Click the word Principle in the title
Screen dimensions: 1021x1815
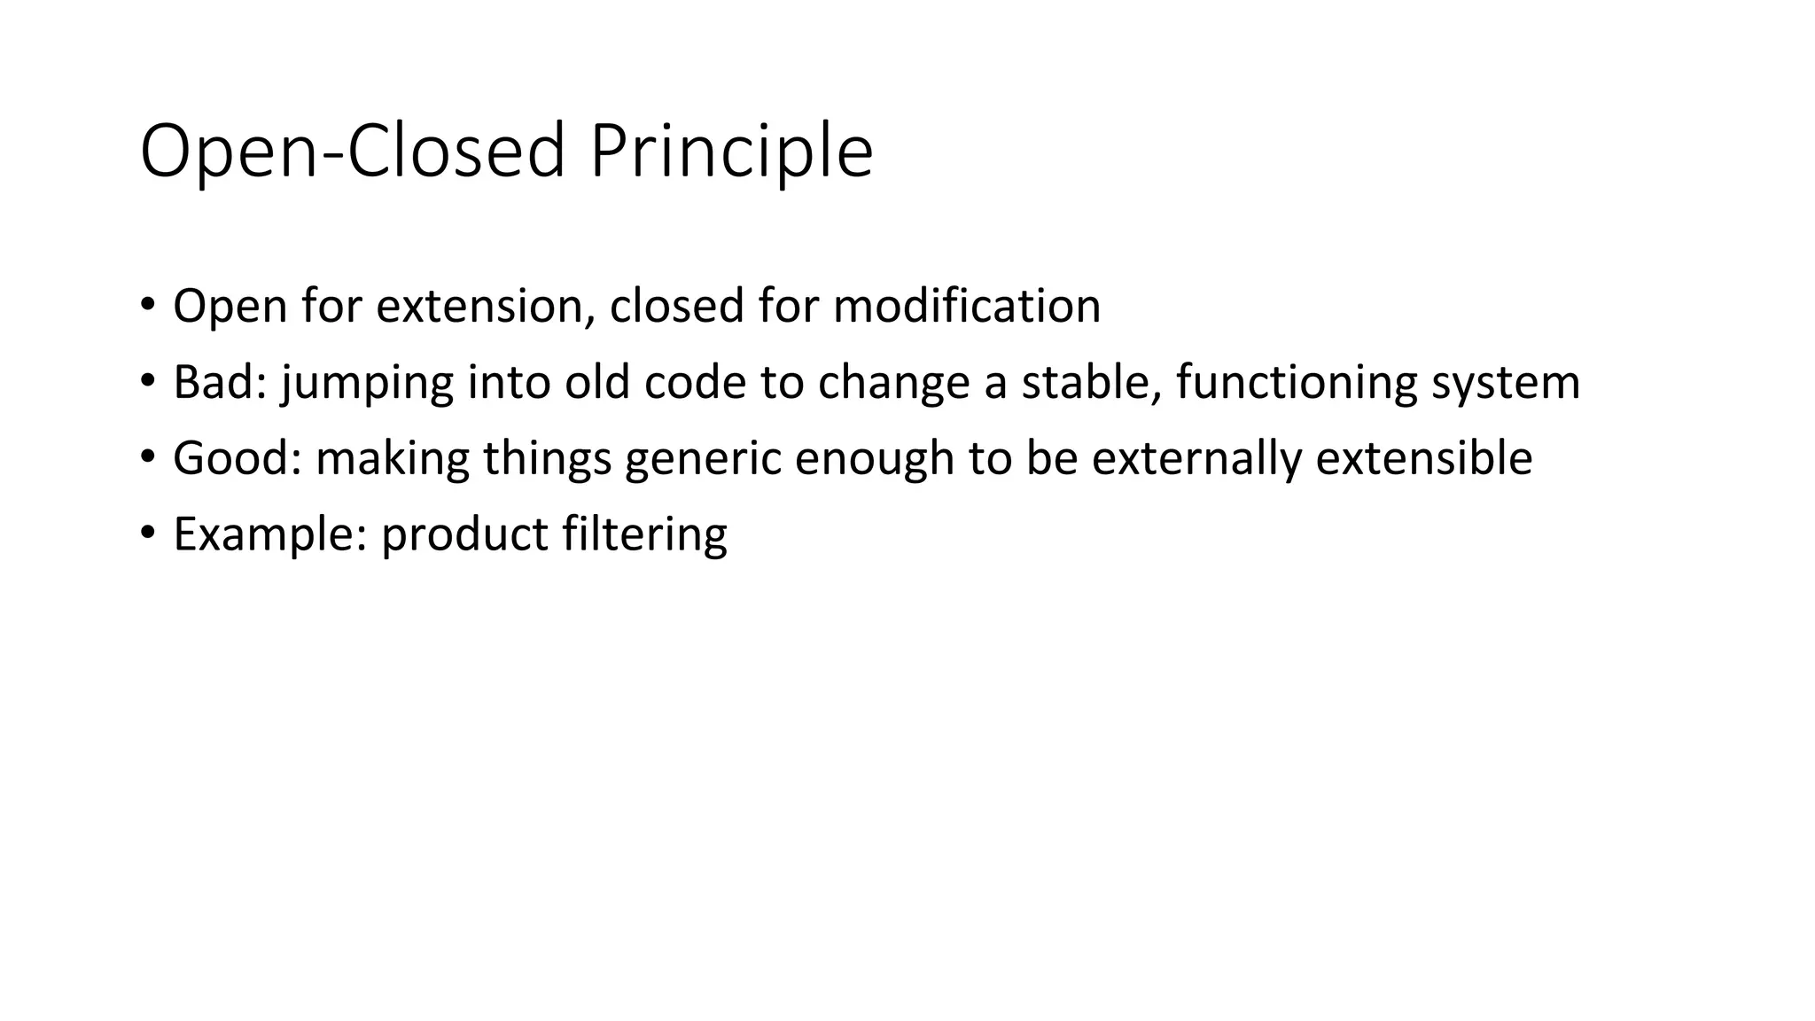[730, 152]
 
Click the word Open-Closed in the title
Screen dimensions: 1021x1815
[353, 152]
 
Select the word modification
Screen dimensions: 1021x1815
[967, 307]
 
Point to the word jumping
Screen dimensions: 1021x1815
[367, 383]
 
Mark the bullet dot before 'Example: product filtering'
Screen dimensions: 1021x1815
[147, 534]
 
